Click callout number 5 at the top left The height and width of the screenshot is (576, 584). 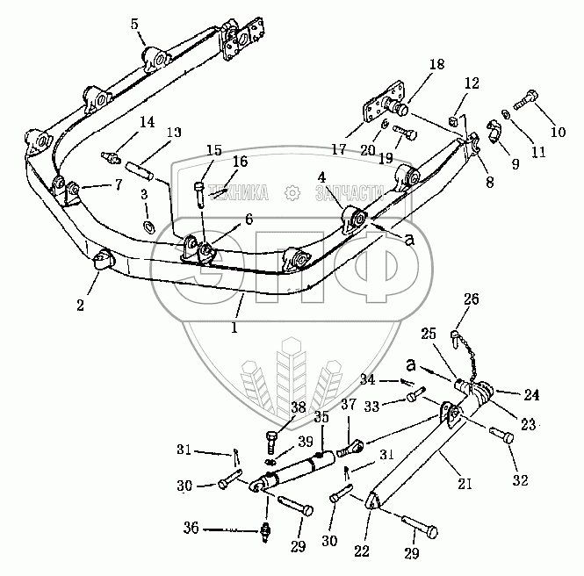point(134,24)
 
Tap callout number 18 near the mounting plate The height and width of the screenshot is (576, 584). point(437,65)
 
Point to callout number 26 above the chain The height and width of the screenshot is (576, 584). point(472,300)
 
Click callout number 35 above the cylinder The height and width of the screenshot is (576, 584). point(321,418)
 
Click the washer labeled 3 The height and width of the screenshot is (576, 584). point(148,228)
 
